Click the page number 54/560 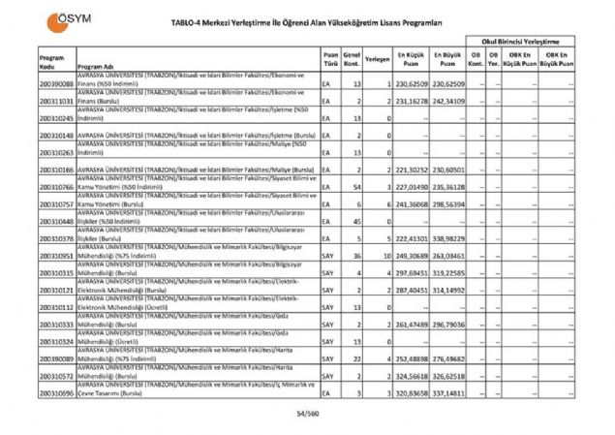(308, 415)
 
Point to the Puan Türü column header (331, 59)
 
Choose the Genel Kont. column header (353, 59)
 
